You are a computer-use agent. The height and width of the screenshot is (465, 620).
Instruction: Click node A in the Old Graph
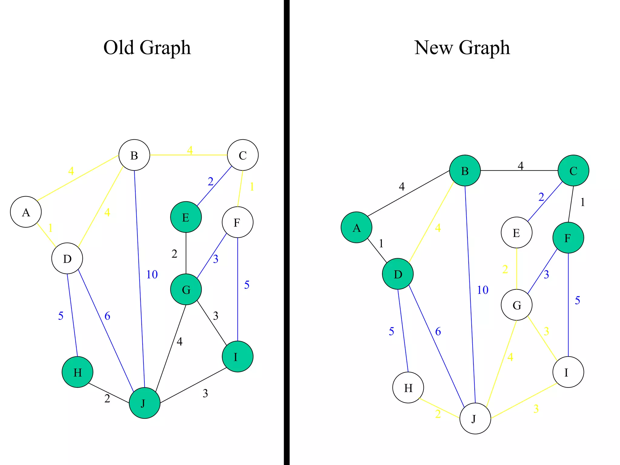(x=26, y=212)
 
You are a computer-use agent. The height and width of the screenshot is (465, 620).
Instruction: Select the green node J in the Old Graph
(x=144, y=403)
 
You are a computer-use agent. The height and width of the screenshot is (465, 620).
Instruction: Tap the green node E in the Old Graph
(x=186, y=217)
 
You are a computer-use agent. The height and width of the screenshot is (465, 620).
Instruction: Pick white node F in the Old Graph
(x=237, y=222)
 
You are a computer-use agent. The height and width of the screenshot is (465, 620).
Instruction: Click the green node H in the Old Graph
(x=77, y=372)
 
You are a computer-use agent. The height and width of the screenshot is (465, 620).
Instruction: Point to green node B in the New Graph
(x=465, y=170)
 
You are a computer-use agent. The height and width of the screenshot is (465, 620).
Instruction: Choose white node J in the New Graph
(x=475, y=418)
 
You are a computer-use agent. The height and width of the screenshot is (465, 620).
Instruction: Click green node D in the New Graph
(x=398, y=274)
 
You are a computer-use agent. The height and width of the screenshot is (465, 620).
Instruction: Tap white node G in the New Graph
(x=516, y=305)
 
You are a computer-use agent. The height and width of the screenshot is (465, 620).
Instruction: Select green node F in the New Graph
(x=568, y=238)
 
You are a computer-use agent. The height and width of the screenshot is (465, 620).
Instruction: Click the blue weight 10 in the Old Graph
(x=152, y=275)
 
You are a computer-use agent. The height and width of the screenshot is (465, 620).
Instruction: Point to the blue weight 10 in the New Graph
(x=483, y=290)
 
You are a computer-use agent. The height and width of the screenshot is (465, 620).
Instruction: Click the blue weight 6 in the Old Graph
(x=107, y=316)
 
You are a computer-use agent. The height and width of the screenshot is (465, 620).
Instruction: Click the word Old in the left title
(x=118, y=48)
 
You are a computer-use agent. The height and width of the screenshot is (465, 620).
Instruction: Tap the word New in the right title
(x=433, y=48)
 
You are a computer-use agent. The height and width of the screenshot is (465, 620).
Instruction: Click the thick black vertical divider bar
(x=287, y=232)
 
